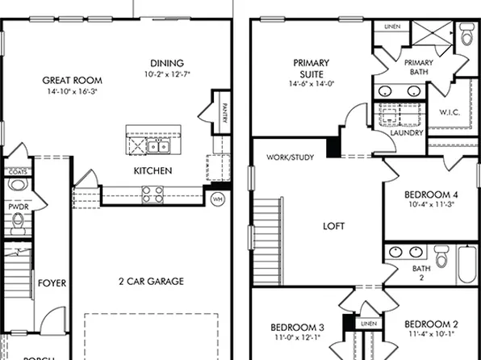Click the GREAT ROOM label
(72, 80)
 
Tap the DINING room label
(167, 63)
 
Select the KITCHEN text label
(153, 171)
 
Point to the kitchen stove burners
(153, 193)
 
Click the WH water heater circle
(217, 198)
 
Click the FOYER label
(52, 283)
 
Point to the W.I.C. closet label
(449, 112)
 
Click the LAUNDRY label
(406, 133)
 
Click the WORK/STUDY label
(290, 157)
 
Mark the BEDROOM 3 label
(296, 327)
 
